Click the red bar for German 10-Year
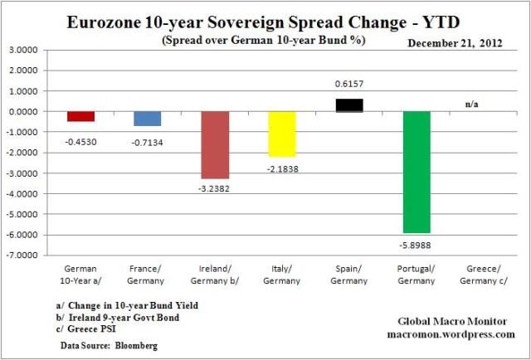click(80, 116)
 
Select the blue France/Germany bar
click(148, 119)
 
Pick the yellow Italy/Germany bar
click(282, 134)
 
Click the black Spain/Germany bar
click(349, 105)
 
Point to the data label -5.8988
click(417, 243)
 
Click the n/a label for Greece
click(470, 104)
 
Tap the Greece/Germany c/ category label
click(483, 275)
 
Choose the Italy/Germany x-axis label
click(282, 275)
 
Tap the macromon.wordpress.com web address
click(451, 333)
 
